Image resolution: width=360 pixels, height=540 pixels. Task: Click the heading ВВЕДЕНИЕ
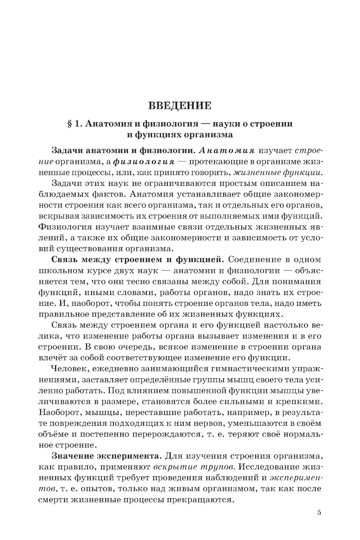[x=180, y=106]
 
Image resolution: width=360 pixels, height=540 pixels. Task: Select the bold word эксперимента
[x=129, y=455]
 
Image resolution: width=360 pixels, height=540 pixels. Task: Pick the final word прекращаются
[x=200, y=500]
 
